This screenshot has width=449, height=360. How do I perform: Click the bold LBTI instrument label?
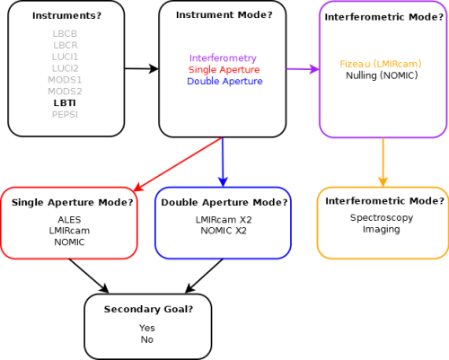coord(65,103)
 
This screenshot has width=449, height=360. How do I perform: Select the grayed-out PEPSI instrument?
coord(65,115)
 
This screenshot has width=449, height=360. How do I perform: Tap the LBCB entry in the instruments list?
coord(65,33)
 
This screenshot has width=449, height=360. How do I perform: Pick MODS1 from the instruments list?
coord(65,80)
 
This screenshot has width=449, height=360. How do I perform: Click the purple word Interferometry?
coord(223,58)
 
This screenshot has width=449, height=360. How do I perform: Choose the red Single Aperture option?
coord(224,69)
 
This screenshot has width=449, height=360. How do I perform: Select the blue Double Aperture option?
coord(224,81)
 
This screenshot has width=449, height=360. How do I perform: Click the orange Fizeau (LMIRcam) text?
coord(381,64)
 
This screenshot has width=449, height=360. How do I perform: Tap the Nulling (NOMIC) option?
coord(382,75)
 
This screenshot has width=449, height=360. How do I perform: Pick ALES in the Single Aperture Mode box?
coord(69,220)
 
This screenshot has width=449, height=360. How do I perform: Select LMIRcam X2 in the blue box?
coord(224,220)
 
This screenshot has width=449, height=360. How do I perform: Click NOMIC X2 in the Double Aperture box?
coord(224,231)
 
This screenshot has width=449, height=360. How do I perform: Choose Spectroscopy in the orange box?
coord(382,218)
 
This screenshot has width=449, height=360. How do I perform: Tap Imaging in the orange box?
coord(382,230)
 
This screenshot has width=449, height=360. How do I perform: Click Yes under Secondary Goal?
coord(147,328)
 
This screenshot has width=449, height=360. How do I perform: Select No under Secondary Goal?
coord(147,339)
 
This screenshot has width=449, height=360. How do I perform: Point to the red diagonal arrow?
coord(178,164)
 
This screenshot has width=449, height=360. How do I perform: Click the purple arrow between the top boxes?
coord(303,69)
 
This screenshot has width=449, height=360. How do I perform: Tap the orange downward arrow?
coord(383,162)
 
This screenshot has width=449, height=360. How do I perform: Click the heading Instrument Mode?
coord(224,15)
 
